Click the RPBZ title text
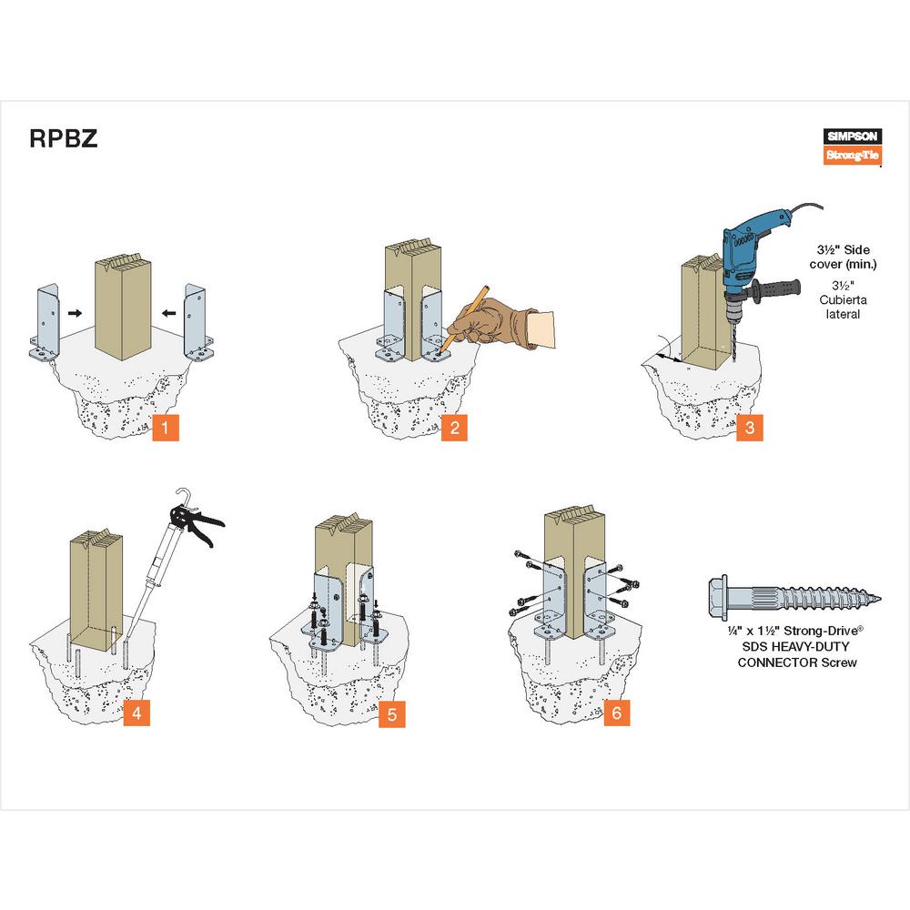[62, 139]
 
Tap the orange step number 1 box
[165, 427]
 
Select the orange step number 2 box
[455, 427]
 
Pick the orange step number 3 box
[749, 427]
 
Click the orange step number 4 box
[136, 713]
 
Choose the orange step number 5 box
[392, 713]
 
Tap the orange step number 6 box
[616, 713]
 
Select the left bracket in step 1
[44, 323]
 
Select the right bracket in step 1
[195, 323]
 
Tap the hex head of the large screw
[721, 596]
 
